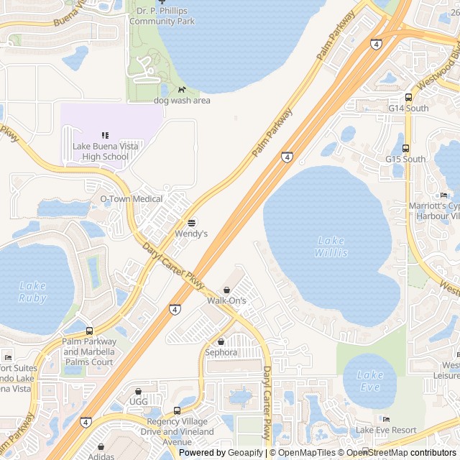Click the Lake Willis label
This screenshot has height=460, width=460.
(331, 247)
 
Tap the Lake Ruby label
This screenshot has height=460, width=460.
(32, 292)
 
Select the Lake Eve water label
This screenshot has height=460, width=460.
(370, 380)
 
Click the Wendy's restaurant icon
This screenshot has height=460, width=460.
(191, 222)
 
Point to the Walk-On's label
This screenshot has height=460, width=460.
(226, 300)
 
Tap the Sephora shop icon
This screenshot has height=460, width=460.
(221, 341)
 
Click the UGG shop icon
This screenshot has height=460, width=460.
(138, 391)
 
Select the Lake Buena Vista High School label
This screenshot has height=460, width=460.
(105, 152)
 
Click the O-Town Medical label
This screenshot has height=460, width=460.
(131, 198)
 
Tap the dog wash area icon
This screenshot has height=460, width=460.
(182, 90)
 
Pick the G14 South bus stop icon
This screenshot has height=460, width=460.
(408, 98)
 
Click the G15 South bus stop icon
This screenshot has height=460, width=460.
(405, 149)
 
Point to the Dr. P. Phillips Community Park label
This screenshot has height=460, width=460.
(162, 17)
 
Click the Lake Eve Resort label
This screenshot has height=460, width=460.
(386, 430)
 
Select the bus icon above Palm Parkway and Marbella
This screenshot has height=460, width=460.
(89, 331)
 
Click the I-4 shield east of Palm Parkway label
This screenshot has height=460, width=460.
(287, 157)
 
